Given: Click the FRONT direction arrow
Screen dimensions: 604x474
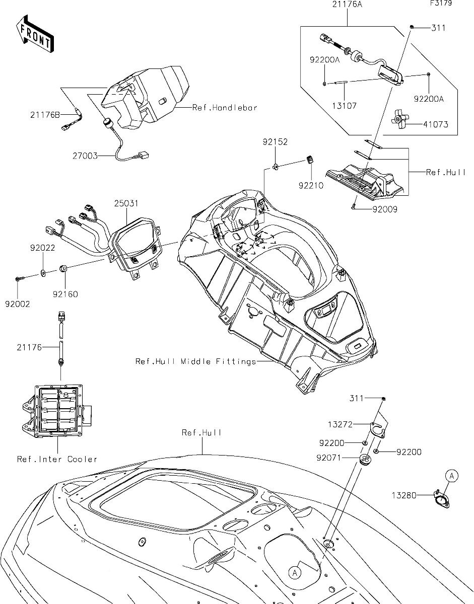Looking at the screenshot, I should click(x=34, y=34).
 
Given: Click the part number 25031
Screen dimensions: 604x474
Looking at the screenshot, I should click(x=126, y=204).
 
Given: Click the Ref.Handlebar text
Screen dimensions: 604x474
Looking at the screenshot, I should click(x=225, y=108).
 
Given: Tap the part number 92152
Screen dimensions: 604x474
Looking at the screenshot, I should click(x=275, y=142).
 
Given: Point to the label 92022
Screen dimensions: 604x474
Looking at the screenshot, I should click(x=42, y=248).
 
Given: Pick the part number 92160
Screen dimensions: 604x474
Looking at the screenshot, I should click(x=65, y=294).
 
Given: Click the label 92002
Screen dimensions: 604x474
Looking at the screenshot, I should click(x=18, y=304).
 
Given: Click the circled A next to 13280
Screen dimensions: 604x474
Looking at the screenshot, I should click(x=452, y=475).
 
